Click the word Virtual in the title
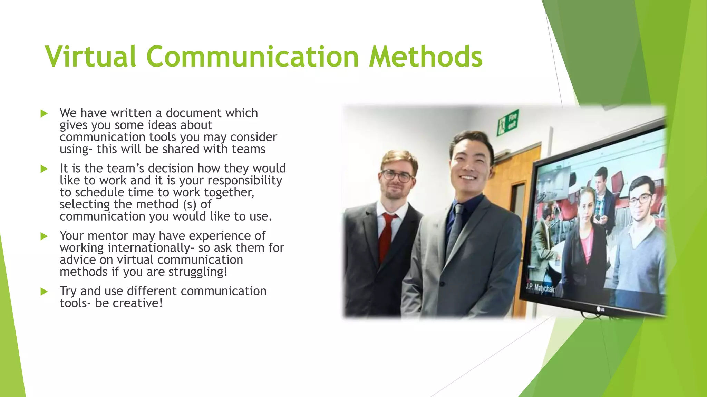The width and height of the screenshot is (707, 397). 90,57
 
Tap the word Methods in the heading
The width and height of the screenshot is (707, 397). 425,57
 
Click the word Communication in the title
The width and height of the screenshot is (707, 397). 253,57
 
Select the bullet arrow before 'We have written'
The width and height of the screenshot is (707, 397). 44,114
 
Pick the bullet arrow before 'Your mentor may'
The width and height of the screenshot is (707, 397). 44,236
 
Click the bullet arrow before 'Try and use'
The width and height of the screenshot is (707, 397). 44,292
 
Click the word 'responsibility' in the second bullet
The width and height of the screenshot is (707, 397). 245,180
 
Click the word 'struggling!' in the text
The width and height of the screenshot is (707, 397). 198,272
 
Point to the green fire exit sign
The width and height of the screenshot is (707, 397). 507,123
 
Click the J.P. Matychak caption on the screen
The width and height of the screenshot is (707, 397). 541,288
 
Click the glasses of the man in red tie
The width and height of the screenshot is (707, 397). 397,176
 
